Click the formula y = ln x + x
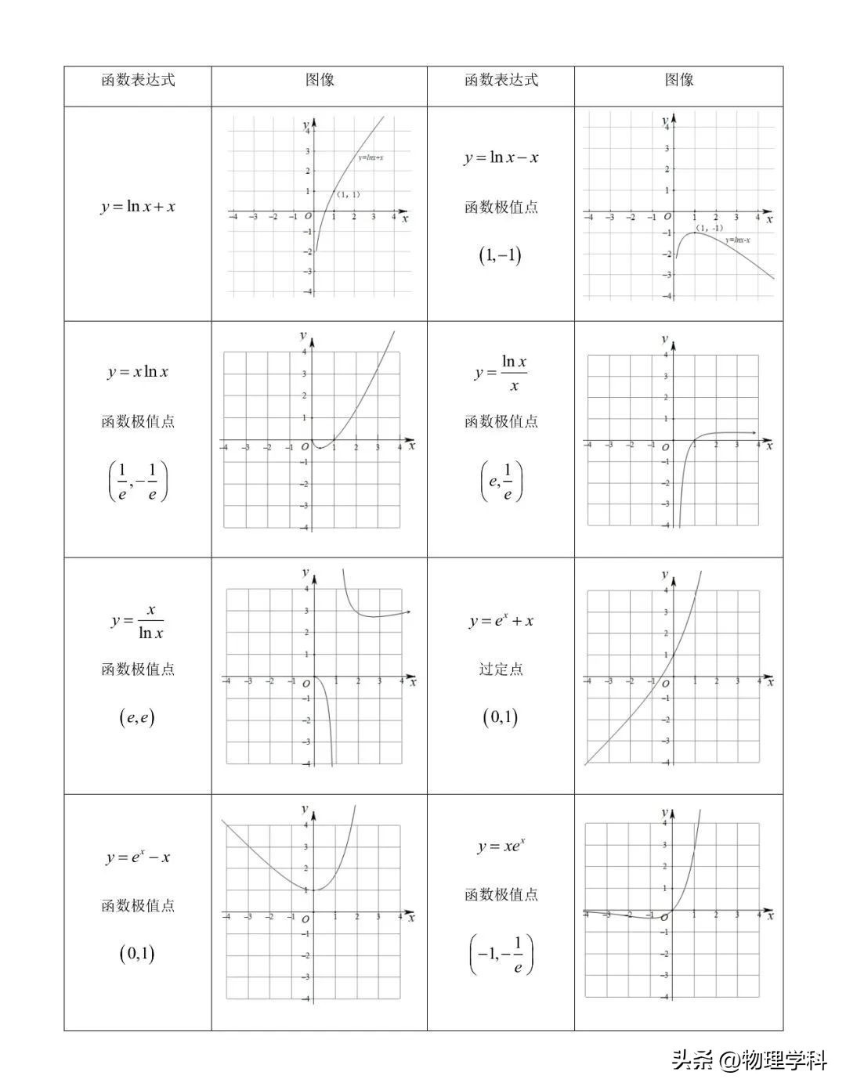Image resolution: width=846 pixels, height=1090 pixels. (x=138, y=207)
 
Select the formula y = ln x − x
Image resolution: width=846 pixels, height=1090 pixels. (x=501, y=157)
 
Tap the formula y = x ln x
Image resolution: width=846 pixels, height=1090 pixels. (x=138, y=372)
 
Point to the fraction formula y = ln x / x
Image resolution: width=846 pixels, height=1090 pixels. (x=501, y=373)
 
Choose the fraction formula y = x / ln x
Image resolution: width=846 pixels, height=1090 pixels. (x=138, y=621)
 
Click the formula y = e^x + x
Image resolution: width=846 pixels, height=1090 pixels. (x=501, y=621)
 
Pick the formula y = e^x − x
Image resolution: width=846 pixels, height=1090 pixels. (x=138, y=857)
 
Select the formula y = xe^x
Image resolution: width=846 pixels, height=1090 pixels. (x=501, y=846)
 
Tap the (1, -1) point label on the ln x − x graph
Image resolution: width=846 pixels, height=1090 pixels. (x=710, y=228)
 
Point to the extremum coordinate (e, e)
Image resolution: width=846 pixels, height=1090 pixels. (x=137, y=716)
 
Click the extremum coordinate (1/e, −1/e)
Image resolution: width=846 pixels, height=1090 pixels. (x=138, y=482)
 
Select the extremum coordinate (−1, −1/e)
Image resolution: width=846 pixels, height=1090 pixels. (x=501, y=955)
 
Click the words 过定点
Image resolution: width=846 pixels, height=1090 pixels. (x=501, y=669)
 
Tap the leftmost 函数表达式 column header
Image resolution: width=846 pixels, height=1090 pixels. (x=138, y=80)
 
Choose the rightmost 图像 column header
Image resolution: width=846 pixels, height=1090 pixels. (x=679, y=80)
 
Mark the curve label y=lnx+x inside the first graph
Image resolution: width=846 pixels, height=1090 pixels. (x=371, y=158)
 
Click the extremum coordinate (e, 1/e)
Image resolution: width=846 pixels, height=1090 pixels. (x=501, y=482)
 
